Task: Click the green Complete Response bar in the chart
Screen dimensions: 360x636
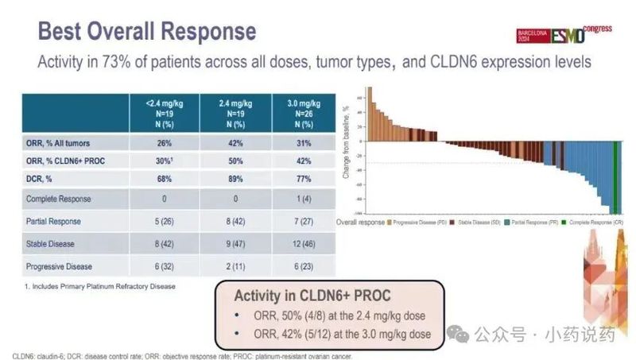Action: [616, 179]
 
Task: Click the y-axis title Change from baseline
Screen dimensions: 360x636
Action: [347, 147]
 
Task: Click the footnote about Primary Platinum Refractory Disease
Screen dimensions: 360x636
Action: [100, 285]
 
